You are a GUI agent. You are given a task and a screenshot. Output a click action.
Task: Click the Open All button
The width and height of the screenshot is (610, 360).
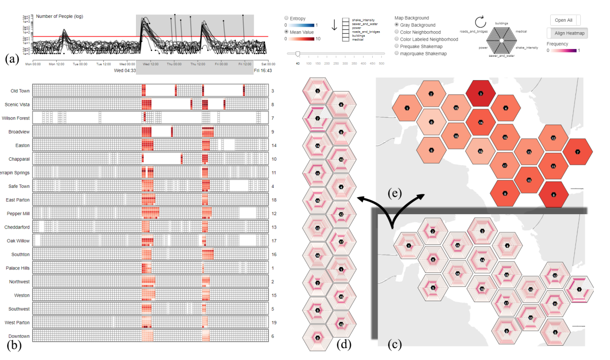tap(565, 20)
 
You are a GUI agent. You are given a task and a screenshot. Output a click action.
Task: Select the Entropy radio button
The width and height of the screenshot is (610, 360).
tap(287, 18)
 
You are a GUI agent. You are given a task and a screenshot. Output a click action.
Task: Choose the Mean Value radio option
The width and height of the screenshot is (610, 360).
tap(287, 32)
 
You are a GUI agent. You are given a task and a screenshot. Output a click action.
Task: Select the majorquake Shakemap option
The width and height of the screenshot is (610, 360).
tap(397, 53)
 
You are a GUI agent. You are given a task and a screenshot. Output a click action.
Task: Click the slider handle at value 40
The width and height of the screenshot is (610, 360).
tap(297, 53)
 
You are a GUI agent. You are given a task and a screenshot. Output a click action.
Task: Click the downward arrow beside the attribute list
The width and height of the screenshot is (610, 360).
tap(334, 25)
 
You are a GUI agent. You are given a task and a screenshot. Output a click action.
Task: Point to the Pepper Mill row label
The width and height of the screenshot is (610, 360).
tap(18, 214)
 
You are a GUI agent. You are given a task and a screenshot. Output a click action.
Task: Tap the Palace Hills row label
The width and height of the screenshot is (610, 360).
tap(18, 268)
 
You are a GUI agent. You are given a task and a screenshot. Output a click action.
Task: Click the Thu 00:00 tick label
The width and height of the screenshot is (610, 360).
tap(174, 64)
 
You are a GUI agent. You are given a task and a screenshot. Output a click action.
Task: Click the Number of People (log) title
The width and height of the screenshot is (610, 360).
tap(60, 16)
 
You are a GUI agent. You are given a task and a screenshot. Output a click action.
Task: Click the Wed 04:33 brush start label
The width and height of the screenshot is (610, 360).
tap(125, 71)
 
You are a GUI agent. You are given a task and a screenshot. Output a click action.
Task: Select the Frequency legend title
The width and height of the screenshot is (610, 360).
tap(557, 44)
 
